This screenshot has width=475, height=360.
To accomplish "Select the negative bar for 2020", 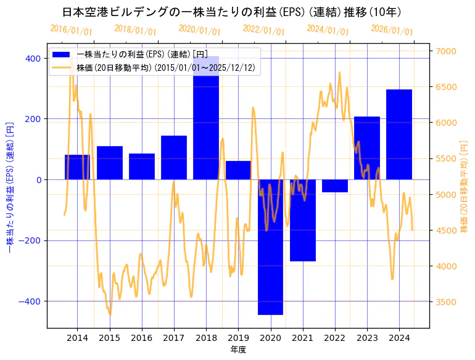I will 270,247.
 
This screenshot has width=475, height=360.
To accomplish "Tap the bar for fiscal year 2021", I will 302,220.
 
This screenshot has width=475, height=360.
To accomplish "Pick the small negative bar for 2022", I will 335,186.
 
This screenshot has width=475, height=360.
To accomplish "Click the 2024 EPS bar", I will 399,134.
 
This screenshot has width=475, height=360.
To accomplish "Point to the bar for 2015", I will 110,163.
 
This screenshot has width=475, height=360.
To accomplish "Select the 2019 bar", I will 238,170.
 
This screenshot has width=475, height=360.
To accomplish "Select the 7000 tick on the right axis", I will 446,51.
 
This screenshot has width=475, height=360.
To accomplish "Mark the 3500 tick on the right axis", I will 446,302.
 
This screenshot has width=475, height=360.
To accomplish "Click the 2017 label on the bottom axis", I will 174,338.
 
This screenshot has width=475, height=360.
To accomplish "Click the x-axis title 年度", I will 238,350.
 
